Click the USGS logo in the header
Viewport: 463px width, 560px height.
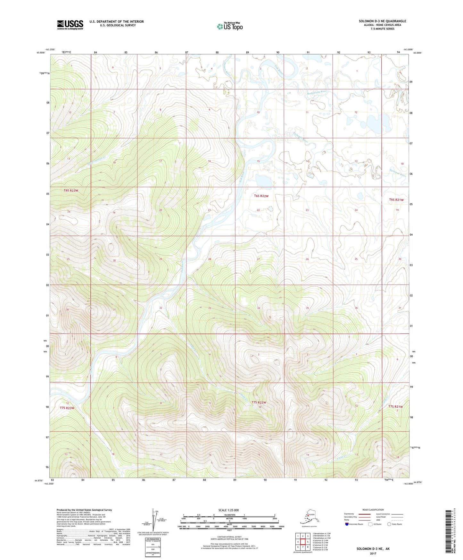coord(70,25)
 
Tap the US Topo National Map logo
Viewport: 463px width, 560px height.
coord(229,26)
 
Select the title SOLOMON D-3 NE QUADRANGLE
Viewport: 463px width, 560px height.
coord(382,21)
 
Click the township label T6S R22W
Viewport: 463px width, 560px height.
coord(261,196)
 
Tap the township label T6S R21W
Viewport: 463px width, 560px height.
coord(396,200)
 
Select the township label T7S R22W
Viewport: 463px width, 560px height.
coord(259,402)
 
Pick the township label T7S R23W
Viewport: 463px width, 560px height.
coord(67,408)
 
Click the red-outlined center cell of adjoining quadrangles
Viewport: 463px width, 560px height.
coord(302,542)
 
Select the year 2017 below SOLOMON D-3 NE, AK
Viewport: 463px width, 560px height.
coord(373,553)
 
